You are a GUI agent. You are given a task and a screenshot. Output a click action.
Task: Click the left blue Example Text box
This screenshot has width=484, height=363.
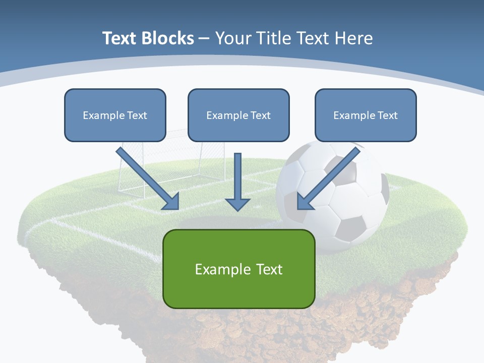(x=115, y=115)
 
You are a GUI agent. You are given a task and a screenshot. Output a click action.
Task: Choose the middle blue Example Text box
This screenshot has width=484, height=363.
(x=238, y=115)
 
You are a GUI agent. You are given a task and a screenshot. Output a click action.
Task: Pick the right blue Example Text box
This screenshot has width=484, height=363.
(x=366, y=115)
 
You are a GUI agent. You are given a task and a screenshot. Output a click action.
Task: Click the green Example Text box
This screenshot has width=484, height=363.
(x=239, y=269)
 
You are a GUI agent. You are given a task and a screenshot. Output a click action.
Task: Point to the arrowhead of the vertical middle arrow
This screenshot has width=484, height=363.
(x=237, y=204)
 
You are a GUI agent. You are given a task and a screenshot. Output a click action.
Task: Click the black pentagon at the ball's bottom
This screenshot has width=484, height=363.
(x=349, y=228)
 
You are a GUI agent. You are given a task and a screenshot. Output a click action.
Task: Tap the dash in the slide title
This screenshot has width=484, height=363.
(x=204, y=38)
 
